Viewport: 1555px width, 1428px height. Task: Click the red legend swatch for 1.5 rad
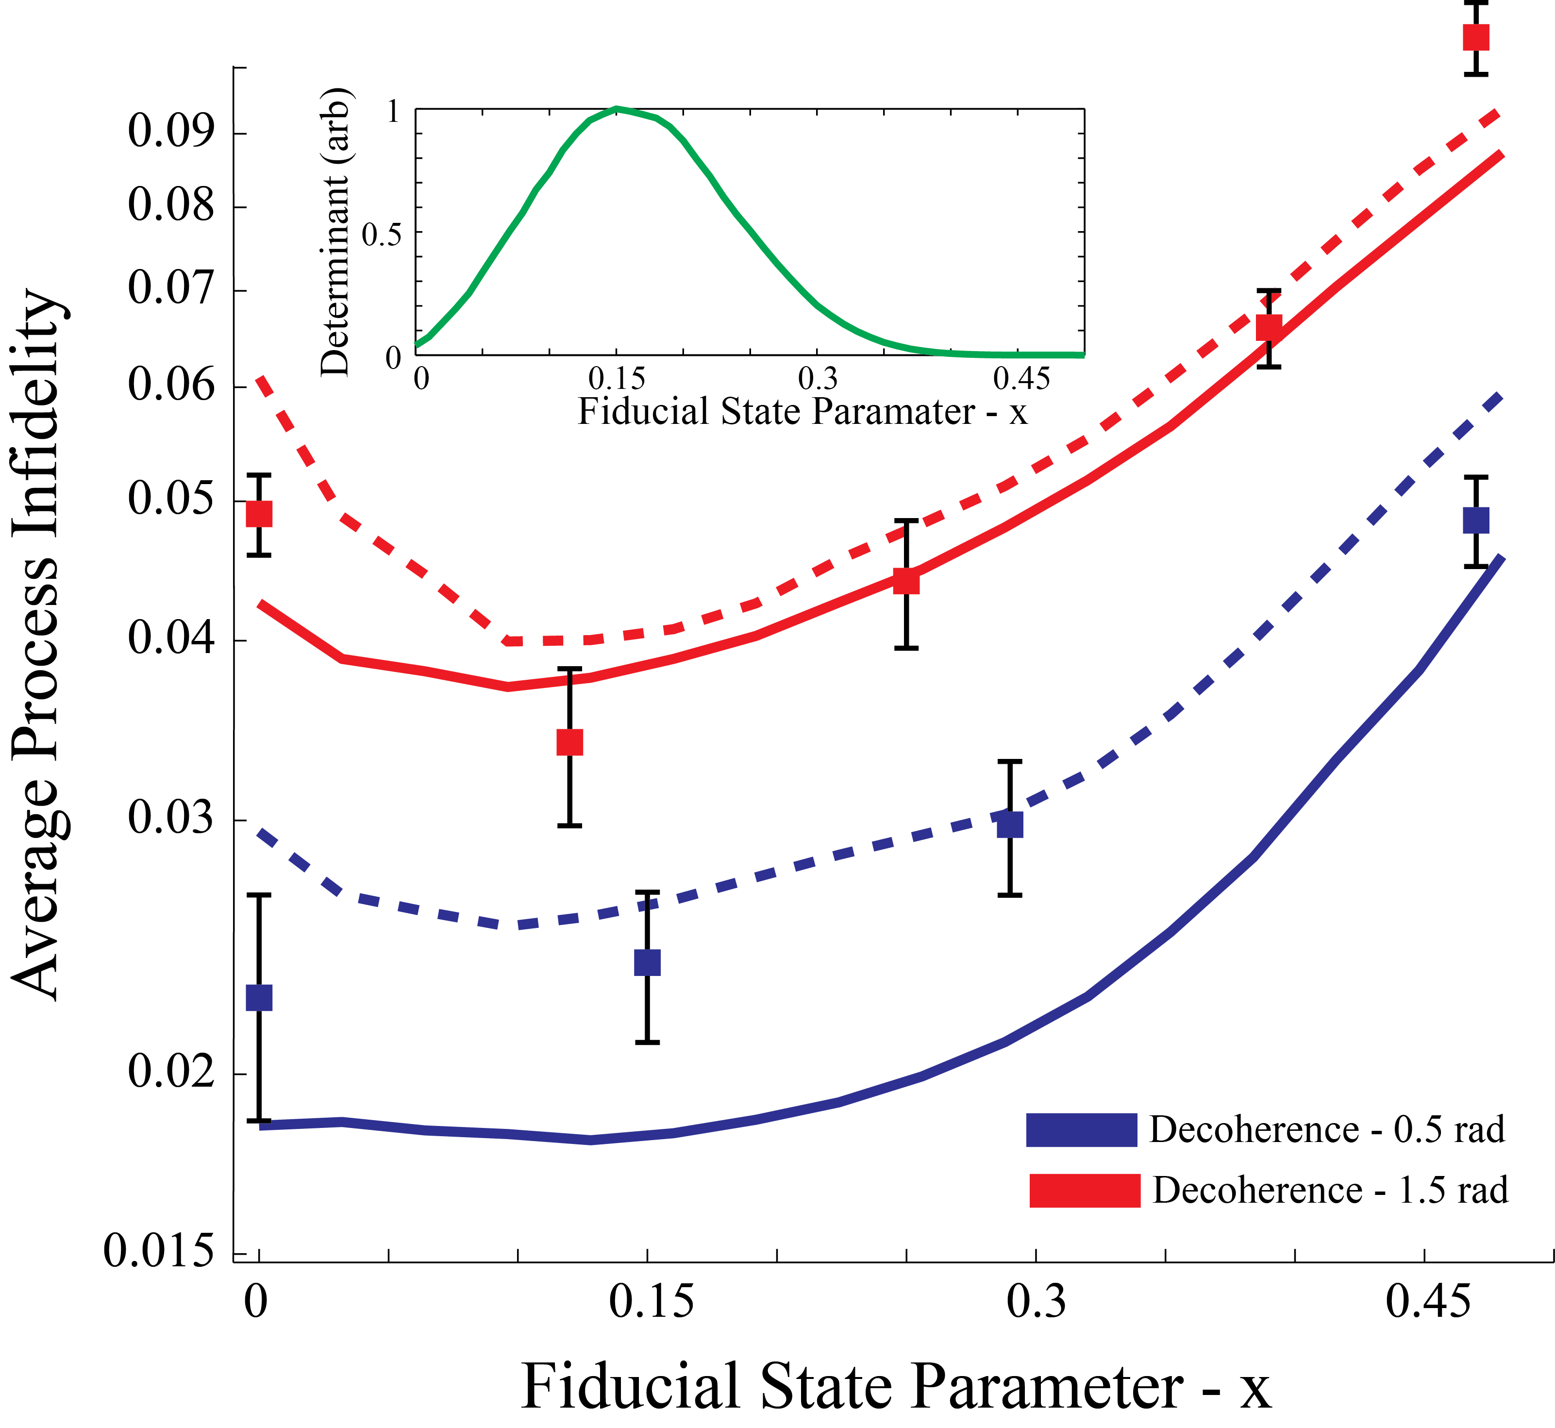[x=1085, y=1190]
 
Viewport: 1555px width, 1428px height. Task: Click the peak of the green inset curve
[x=617, y=108]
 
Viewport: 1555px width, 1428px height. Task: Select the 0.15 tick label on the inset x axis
[x=617, y=379]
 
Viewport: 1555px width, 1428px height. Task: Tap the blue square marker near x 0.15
[x=647, y=963]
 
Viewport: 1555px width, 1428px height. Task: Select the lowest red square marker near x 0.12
[x=569, y=742]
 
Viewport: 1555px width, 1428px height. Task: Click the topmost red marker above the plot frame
[x=1475, y=37]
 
